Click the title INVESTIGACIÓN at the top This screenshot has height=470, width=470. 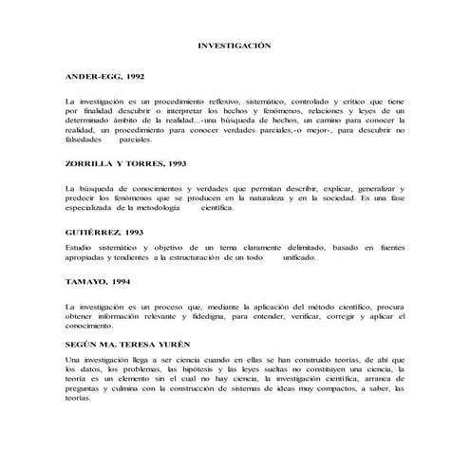(x=234, y=45)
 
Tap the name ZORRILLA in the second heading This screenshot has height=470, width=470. (x=86, y=163)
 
